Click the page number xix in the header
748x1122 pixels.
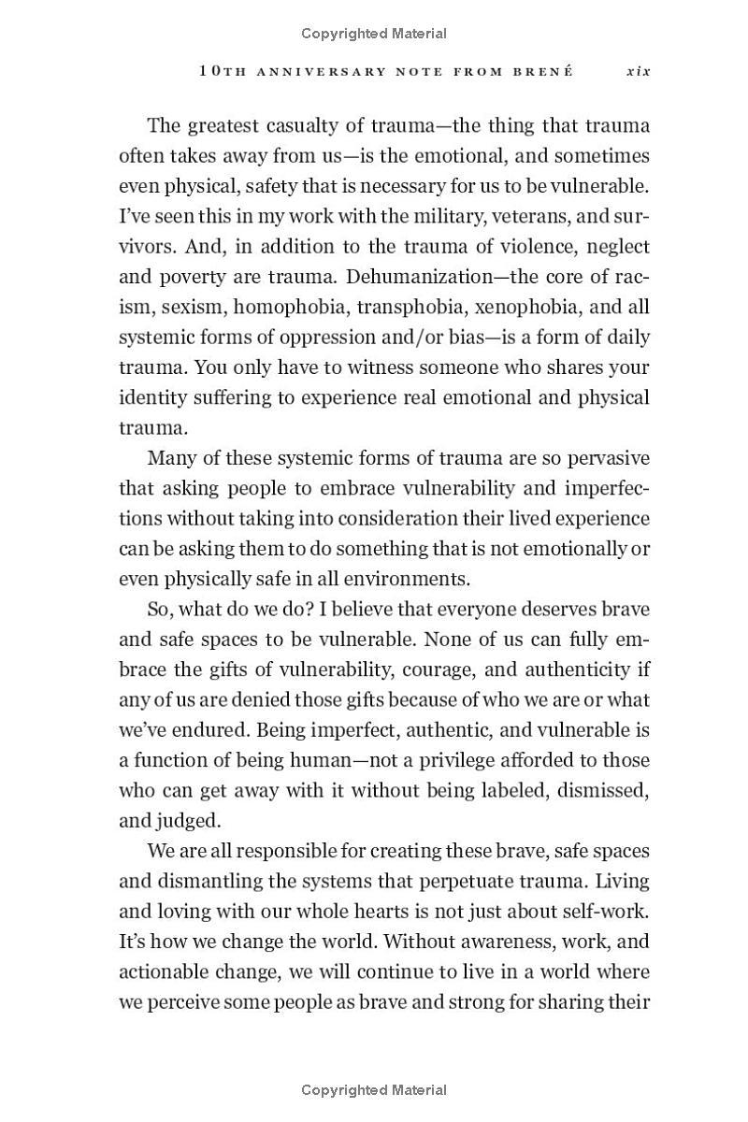click(x=638, y=71)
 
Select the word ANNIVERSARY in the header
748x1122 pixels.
click(x=320, y=71)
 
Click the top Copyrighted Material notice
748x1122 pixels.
click(x=374, y=34)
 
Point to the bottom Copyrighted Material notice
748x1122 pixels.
click(x=374, y=1089)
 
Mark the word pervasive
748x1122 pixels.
click(x=606, y=458)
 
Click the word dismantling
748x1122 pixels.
click(x=204, y=881)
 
